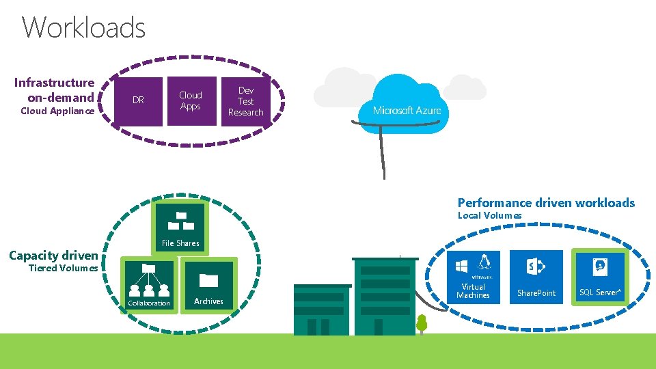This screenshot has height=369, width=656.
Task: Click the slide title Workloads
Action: coord(84,28)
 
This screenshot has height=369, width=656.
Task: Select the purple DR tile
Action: coord(138,100)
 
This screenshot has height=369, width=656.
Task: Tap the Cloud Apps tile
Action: coord(191,100)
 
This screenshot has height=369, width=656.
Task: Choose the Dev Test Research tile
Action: coord(245,100)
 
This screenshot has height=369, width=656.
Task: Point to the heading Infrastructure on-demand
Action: coord(55,90)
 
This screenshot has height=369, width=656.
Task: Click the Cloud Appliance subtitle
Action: coord(57,111)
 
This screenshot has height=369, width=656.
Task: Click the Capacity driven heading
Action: coord(53,256)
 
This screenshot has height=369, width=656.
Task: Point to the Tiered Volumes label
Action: coord(63,268)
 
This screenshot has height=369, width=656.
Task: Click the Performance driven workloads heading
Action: coord(546,202)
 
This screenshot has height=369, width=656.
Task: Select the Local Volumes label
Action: coord(489,216)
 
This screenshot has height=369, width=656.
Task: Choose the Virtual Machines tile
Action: coord(473,276)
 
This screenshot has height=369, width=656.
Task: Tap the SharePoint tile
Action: coord(536,276)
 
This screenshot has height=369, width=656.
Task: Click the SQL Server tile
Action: coord(600,276)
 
